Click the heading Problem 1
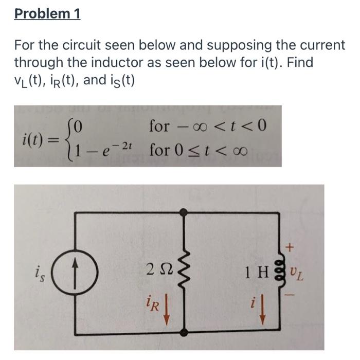click(47, 13)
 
